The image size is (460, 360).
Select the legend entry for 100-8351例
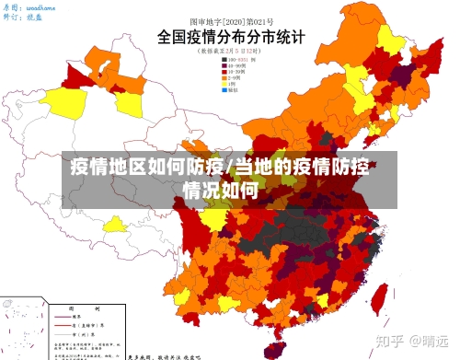[234, 61]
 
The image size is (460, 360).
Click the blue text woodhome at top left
[41, 6]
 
